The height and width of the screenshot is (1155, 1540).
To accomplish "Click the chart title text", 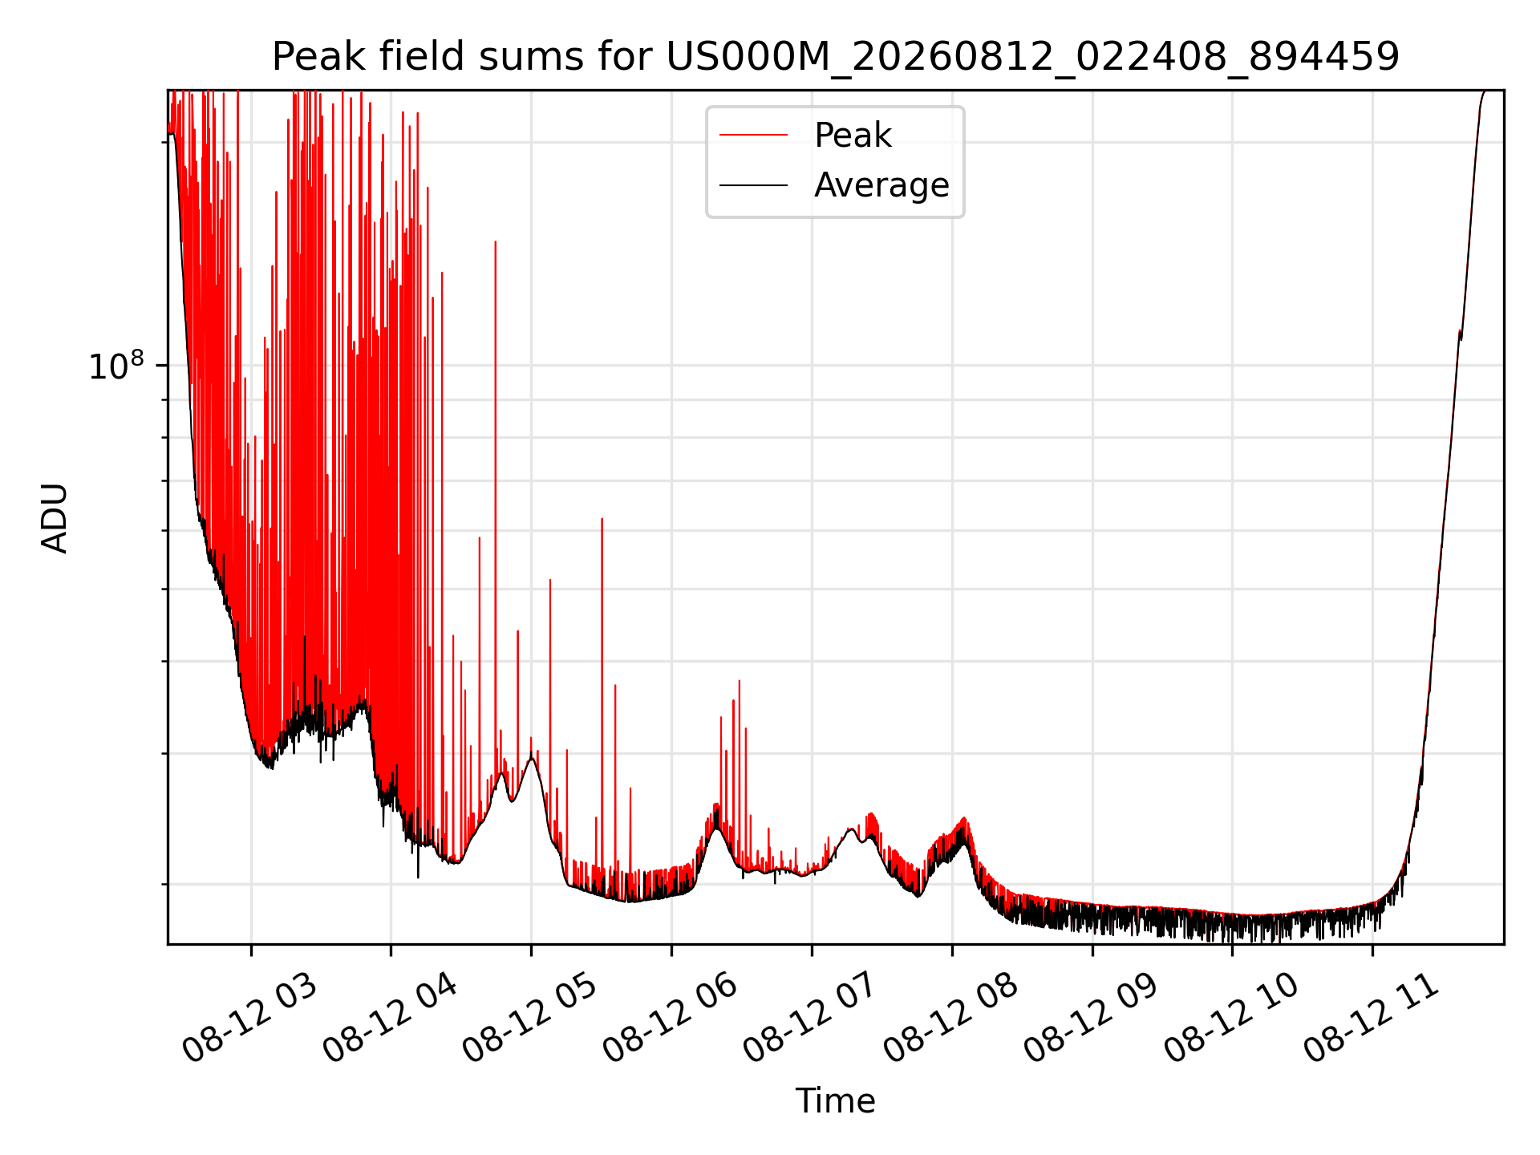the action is [x=836, y=57].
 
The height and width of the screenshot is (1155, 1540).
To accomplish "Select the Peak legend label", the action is [x=853, y=136].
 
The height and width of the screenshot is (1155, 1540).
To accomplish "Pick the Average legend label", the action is [x=881, y=185].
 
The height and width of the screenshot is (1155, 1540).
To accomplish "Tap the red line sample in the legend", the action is [x=753, y=136].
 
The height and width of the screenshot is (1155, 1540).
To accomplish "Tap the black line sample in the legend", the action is [x=753, y=185].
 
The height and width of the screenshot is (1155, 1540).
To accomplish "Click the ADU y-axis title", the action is [x=54, y=517].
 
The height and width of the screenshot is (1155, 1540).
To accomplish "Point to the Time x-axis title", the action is [x=835, y=1100].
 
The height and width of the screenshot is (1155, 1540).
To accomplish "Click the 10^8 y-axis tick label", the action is [x=116, y=366].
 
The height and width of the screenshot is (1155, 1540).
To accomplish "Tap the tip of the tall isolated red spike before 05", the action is [x=496, y=241].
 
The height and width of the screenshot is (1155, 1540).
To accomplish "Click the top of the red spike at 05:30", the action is [x=602, y=518].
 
